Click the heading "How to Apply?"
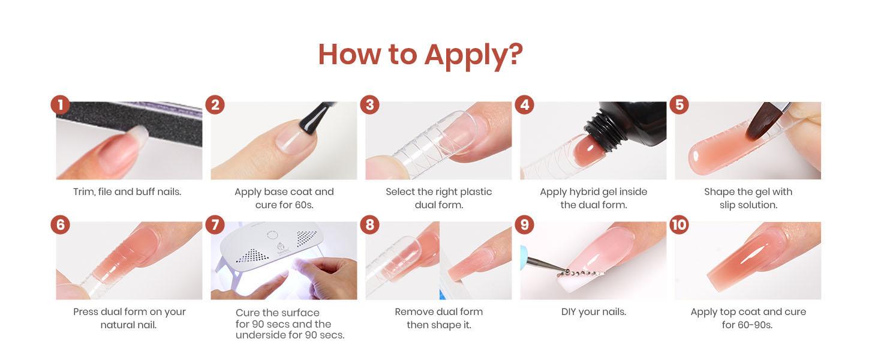[420, 55]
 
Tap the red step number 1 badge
[61, 105]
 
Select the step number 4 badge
[524, 105]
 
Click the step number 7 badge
[215, 225]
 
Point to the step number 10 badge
[679, 225]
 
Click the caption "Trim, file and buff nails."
[127, 192]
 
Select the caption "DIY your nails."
[594, 312]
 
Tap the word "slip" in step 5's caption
[727, 205]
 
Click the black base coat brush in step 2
[317, 118]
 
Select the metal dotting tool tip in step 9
[548, 265]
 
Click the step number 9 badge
[524, 225]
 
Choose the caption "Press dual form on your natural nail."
[129, 318]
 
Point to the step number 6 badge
[61, 225]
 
